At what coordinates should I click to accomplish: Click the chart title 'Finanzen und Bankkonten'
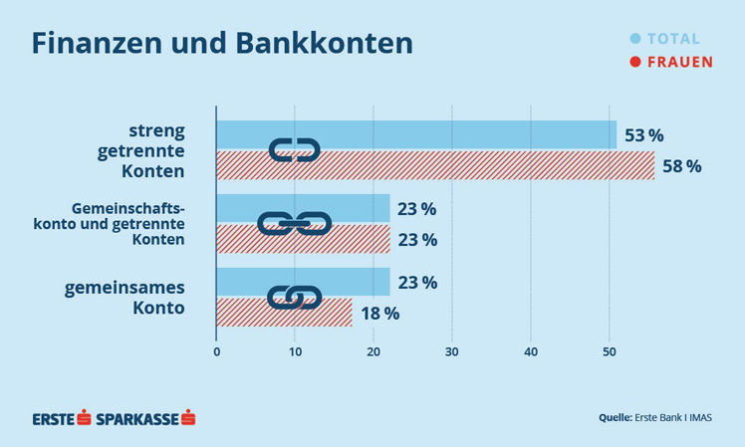pyautogui.click(x=221, y=44)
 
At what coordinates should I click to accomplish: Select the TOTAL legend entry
pyautogui.click(x=665, y=39)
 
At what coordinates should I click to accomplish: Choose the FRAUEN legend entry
pyautogui.click(x=670, y=62)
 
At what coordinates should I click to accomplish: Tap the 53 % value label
pyautogui.click(x=643, y=135)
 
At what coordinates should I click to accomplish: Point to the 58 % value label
pyautogui.click(x=681, y=166)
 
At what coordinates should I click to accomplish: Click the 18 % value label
pyautogui.click(x=378, y=313)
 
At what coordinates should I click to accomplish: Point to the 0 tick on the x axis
pyautogui.click(x=216, y=350)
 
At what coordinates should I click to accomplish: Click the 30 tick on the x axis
pyautogui.click(x=452, y=350)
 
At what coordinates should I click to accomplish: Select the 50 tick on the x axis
pyautogui.click(x=610, y=350)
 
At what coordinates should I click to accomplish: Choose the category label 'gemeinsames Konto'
pyautogui.click(x=139, y=298)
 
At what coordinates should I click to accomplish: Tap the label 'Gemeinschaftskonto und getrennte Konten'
pyautogui.click(x=129, y=224)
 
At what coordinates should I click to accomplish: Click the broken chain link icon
pyautogui.click(x=294, y=150)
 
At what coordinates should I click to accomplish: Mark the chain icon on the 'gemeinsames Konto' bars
pyautogui.click(x=294, y=297)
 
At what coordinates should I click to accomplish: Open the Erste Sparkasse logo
pyautogui.click(x=114, y=417)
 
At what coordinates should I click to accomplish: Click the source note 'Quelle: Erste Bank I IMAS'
pyautogui.click(x=654, y=417)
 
